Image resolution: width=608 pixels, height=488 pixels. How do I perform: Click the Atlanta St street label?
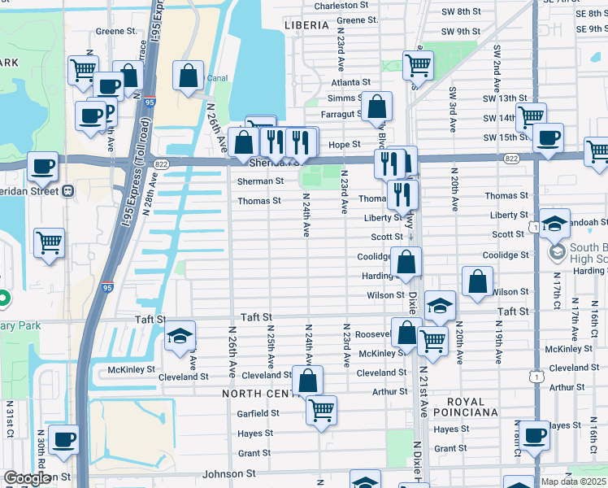pos(350,82)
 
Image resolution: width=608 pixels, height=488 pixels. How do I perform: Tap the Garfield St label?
pos(258,413)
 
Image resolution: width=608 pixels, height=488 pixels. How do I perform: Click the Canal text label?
pos(216,79)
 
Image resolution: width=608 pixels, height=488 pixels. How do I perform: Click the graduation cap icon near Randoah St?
pos(554,224)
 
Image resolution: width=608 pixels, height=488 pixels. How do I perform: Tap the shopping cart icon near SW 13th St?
pos(531,116)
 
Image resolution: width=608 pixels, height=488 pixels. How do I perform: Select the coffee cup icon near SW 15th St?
pos(548,137)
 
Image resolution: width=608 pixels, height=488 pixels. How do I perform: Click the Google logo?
pos(27,478)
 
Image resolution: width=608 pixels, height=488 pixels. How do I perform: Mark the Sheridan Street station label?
pos(33,191)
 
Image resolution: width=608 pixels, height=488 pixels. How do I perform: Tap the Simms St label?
pos(350,98)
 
